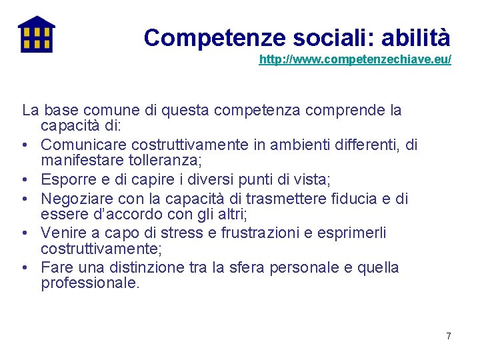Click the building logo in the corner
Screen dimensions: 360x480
click(36, 34)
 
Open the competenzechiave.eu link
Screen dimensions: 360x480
click(355, 60)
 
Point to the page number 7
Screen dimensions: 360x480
click(449, 336)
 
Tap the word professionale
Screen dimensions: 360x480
click(90, 283)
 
